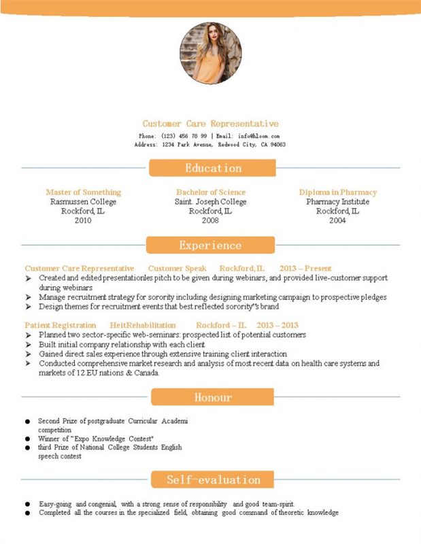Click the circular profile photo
coord(210,53)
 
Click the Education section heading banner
coord(212,168)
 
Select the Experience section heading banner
coord(210,245)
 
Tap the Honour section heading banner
coord(212,397)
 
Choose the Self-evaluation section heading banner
coord(213,480)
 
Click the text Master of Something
coord(83,192)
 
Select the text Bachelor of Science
coord(210,192)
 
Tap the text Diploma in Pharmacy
coord(337,192)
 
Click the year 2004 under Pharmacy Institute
coord(337,221)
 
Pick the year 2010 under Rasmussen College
coord(83,221)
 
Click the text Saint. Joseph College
coord(210,202)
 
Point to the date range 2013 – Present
coord(305,269)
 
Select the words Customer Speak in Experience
coord(177,269)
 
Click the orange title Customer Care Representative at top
coord(210,124)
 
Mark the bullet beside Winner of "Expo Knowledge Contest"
coord(27,439)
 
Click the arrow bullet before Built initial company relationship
coord(29,345)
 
